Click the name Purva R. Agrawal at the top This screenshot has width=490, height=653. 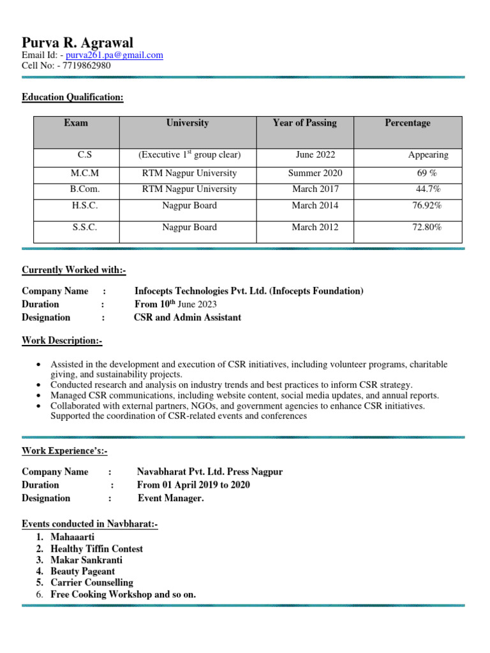click(77, 43)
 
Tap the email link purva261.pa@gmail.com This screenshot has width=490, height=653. click(114, 55)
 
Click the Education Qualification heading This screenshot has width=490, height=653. click(72, 98)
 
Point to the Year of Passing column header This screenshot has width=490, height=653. click(304, 123)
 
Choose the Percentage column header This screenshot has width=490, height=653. click(407, 123)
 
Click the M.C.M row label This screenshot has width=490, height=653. click(85, 173)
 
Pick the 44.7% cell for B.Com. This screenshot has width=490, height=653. click(428, 189)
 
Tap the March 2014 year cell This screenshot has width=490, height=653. click(315, 206)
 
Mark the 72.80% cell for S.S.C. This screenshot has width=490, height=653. click(427, 228)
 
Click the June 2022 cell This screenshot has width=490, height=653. click(315, 155)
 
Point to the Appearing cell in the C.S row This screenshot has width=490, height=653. click(428, 155)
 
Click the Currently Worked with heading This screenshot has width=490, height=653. click(74, 270)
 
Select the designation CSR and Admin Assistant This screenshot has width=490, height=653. click(188, 318)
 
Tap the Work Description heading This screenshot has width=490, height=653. click(62, 341)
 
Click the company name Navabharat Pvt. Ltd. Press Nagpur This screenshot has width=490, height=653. click(210, 473)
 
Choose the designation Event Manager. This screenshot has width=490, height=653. click(170, 499)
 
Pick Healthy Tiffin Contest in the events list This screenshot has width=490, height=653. click(96, 549)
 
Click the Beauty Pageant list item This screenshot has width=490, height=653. click(83, 571)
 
